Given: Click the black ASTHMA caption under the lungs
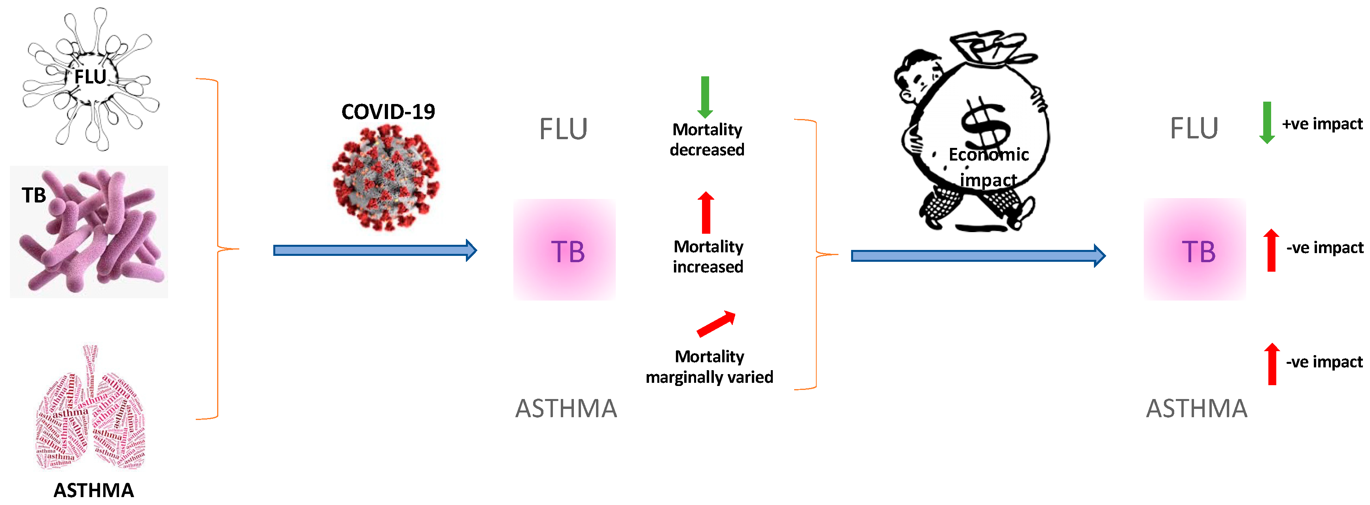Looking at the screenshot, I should point(94,490).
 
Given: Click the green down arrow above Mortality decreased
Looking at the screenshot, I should point(705,97).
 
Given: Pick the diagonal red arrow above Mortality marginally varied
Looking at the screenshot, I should point(716,324).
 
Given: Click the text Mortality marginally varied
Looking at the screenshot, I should point(709,367).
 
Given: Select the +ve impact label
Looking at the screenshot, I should point(1322,124).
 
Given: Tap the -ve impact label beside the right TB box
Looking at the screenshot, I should point(1324,248).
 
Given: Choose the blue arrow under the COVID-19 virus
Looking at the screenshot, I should point(375,250).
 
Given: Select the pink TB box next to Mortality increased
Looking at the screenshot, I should point(564,250).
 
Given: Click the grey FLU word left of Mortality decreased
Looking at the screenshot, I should point(563,129).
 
